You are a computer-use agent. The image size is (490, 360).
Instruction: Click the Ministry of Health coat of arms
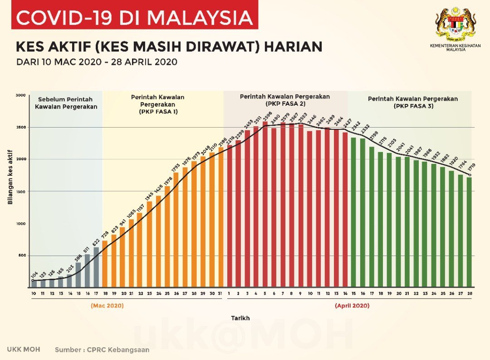456,25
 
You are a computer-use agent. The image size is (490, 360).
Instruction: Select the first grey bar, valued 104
34,284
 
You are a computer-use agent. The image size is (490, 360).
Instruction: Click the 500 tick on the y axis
21,256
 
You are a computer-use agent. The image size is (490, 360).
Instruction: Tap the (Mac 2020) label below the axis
107,306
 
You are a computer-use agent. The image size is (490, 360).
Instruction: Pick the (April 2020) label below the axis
352,306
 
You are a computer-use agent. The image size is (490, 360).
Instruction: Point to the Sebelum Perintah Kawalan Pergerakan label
66,103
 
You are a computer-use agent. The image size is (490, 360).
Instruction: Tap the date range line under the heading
97,62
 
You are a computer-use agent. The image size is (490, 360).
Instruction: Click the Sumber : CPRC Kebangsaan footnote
102,350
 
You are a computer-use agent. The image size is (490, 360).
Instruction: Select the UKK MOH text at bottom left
24,350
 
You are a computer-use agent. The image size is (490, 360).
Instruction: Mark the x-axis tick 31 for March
220,294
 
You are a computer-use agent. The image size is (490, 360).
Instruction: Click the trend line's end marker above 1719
470,175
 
